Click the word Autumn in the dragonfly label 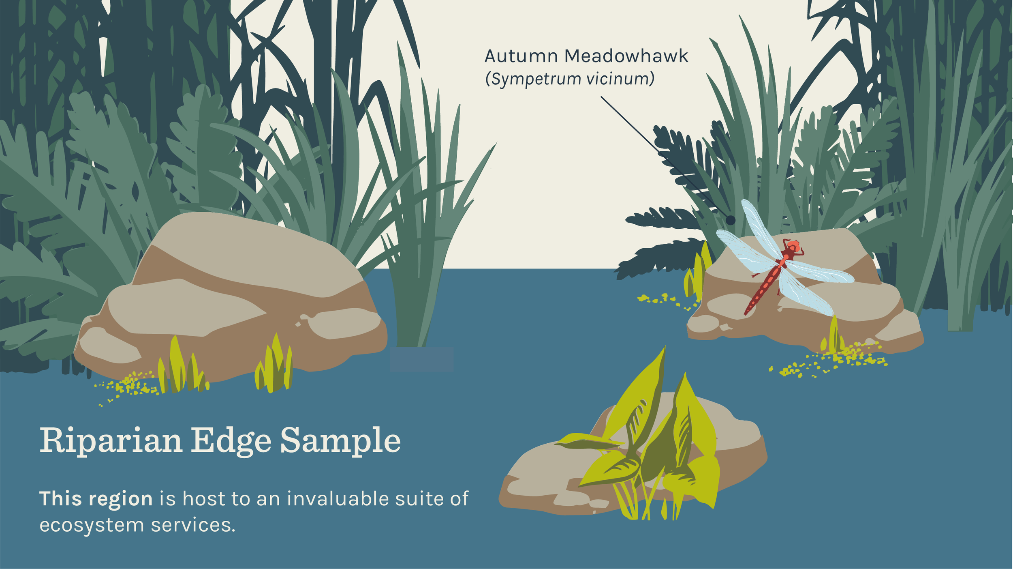coord(521,57)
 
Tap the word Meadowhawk coord(626,57)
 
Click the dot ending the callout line coord(730,220)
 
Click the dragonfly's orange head coord(793,246)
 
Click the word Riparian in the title coord(111,441)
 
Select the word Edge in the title coord(231,441)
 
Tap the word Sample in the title coord(340,441)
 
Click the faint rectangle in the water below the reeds coord(421,359)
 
